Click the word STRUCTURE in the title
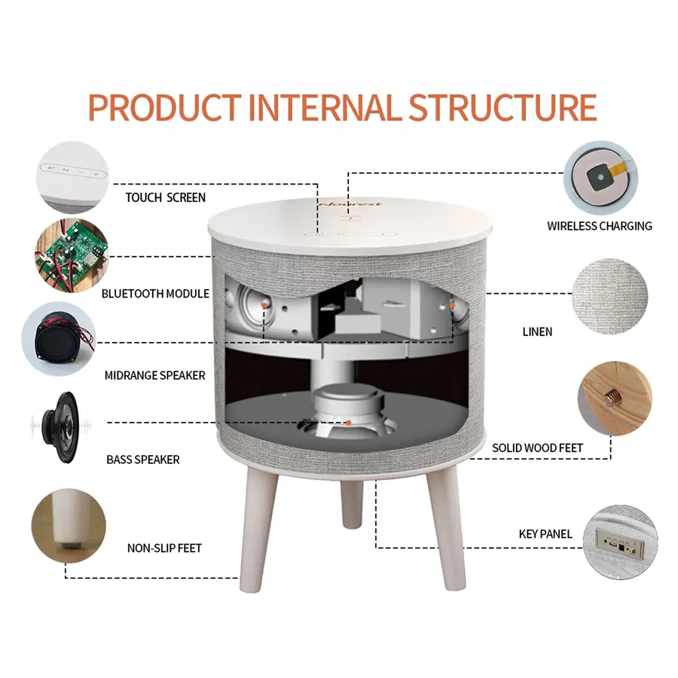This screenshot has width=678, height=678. pos(502,108)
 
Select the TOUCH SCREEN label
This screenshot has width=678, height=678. pos(165,197)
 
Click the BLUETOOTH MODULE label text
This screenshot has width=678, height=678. pos(155,294)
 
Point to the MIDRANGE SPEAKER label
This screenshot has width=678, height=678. pos(155,375)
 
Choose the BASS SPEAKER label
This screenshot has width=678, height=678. pos(143,460)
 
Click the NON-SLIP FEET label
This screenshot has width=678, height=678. pos(164,548)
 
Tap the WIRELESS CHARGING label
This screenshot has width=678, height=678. pos(600,225)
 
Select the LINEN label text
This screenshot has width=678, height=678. pos(537,331)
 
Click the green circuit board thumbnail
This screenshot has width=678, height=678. pos(70,254)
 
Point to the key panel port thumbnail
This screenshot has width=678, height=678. pos(618,540)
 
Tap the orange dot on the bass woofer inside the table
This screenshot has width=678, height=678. pos(349,423)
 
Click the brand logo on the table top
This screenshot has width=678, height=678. pos(350,203)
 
